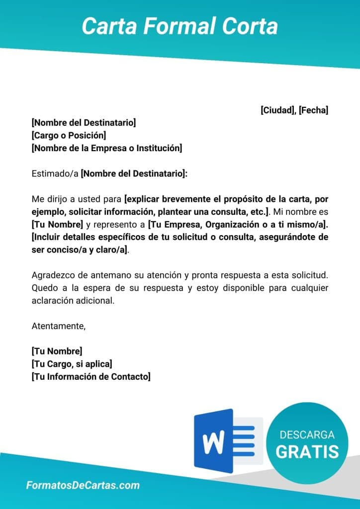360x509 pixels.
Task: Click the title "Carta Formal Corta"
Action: tap(180, 25)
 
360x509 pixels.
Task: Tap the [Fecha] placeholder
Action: tap(313, 110)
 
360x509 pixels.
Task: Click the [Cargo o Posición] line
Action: tap(69, 135)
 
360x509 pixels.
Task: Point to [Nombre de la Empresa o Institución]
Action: tap(106, 148)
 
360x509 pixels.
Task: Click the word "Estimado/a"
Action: tap(55, 174)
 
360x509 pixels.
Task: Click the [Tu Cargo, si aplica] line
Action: tap(72, 364)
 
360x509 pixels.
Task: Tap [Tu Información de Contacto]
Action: tap(90, 377)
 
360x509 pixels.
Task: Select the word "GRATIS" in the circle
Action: tap(307, 451)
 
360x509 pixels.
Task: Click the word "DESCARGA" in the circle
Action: tap(307, 435)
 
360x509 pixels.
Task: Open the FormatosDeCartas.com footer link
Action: tap(83, 486)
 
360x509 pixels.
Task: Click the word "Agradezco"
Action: tap(52, 275)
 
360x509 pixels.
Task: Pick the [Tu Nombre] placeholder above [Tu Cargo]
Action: tap(57, 351)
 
